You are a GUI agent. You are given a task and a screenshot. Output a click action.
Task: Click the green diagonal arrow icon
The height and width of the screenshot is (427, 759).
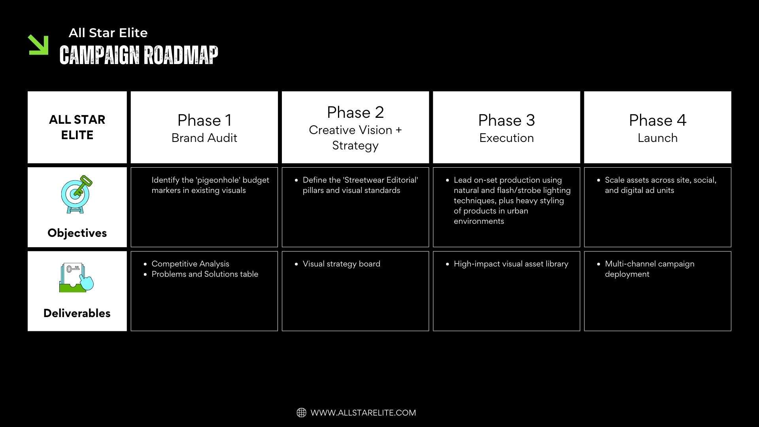point(38,45)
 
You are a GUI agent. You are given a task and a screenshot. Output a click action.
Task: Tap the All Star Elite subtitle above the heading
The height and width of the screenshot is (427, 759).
point(108,33)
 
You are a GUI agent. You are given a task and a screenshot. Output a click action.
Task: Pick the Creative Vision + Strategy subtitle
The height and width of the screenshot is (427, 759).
point(355,138)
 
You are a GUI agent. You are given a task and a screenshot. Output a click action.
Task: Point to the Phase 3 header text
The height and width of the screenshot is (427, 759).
point(506,120)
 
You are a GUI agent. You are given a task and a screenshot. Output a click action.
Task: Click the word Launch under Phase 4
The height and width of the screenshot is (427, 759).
point(657,138)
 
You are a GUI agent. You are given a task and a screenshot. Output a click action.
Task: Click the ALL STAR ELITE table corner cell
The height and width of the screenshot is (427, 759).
point(77,127)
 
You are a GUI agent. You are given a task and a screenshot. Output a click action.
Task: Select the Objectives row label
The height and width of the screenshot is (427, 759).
point(77,233)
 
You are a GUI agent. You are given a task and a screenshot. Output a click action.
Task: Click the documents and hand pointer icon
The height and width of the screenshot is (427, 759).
point(77,278)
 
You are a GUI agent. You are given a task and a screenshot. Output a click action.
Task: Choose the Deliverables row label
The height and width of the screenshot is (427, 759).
point(77,313)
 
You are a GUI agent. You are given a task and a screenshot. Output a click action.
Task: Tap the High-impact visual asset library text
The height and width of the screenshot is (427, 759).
point(511,264)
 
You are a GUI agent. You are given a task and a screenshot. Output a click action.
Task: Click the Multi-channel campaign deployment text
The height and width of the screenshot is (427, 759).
point(649,269)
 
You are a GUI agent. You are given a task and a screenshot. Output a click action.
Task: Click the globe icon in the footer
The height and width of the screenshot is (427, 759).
point(301,413)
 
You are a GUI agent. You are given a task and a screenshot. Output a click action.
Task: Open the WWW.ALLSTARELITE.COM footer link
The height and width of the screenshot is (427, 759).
point(363,413)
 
